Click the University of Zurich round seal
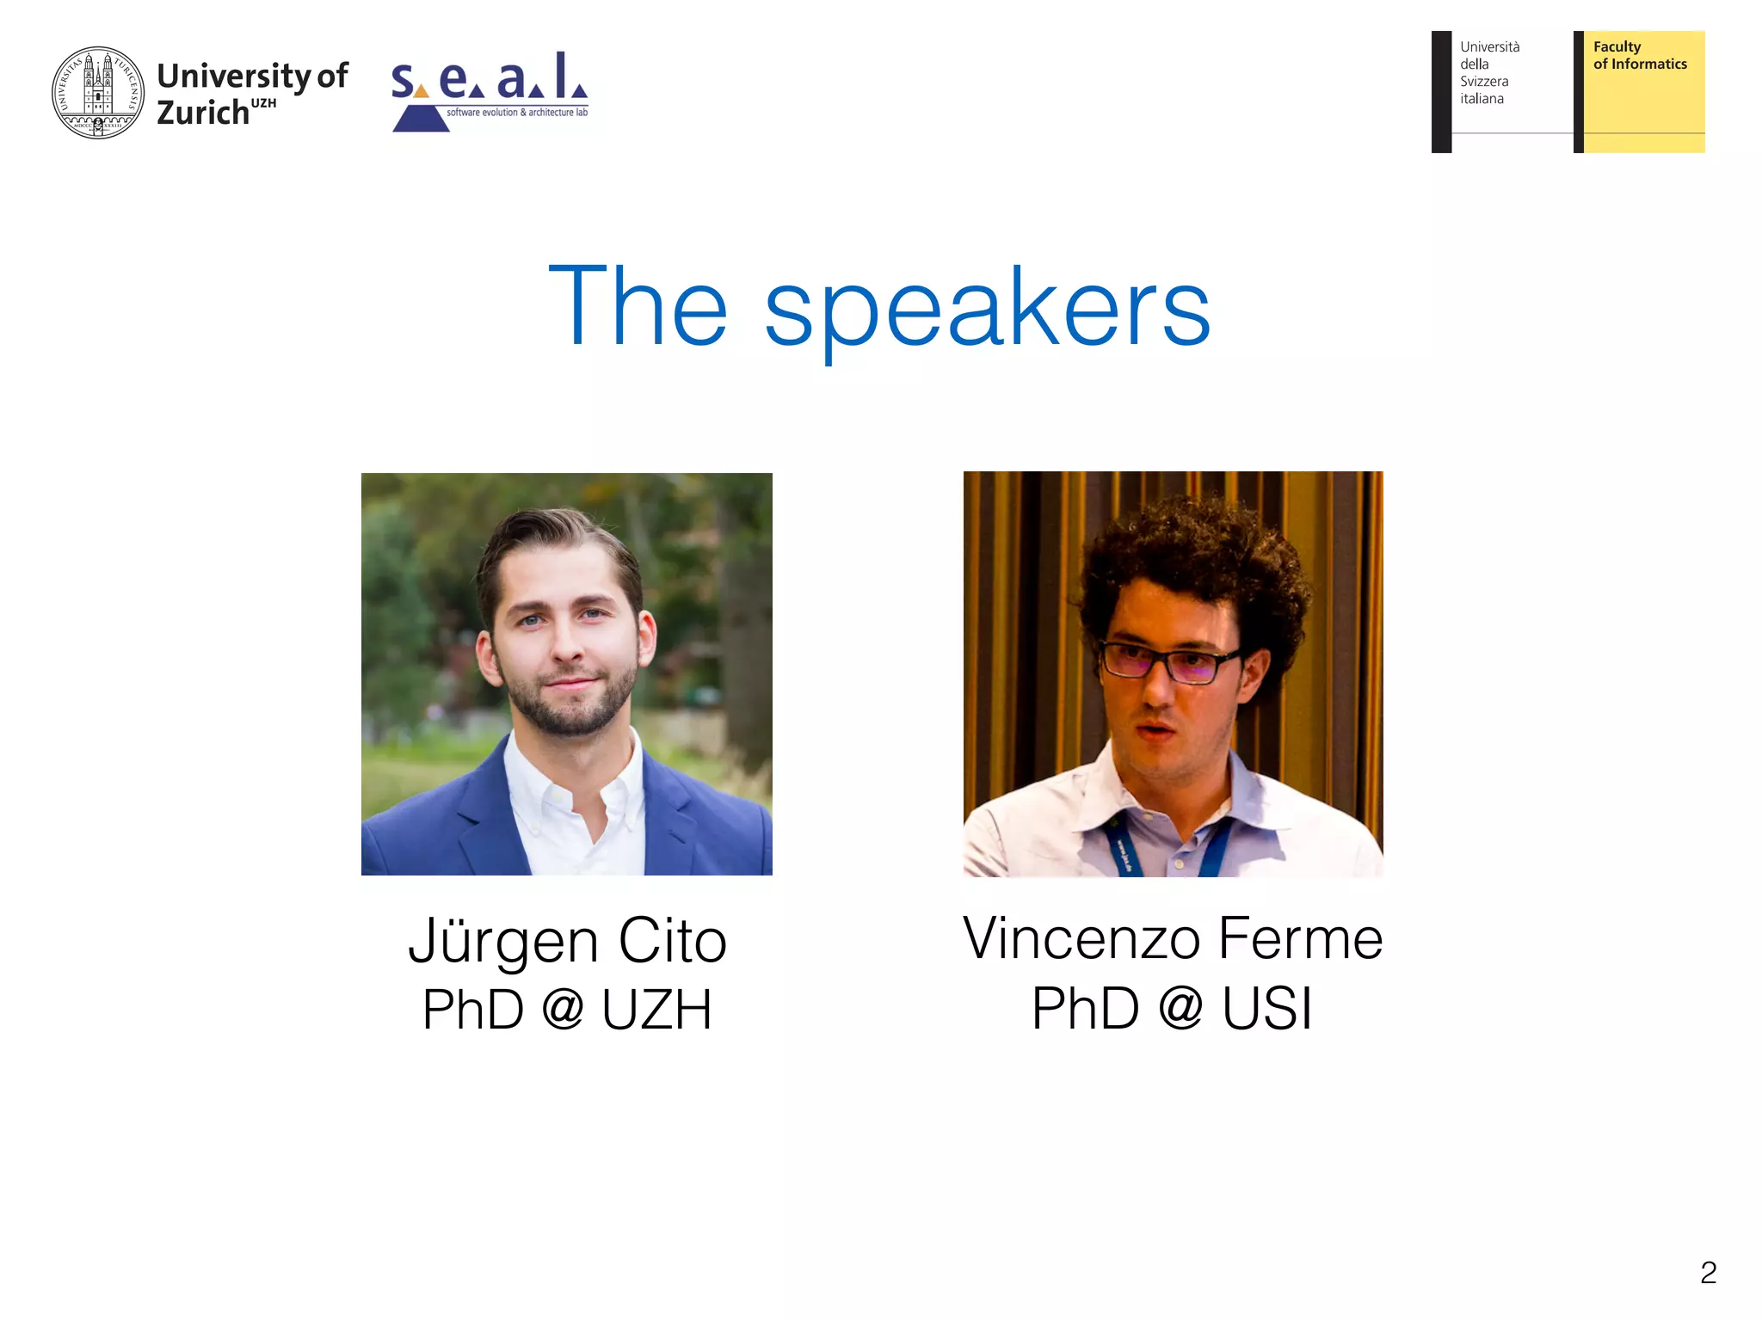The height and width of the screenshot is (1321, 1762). click(x=98, y=93)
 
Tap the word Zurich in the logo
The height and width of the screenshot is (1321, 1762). click(x=203, y=113)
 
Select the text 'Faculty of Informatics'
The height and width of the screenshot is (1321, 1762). click(x=1639, y=56)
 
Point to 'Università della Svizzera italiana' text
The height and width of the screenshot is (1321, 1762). click(x=1489, y=73)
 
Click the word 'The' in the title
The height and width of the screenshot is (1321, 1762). click(x=638, y=307)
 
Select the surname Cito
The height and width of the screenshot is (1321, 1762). click(x=673, y=942)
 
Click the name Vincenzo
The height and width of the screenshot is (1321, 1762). click(x=1081, y=939)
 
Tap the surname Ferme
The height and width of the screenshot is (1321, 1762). click(x=1301, y=939)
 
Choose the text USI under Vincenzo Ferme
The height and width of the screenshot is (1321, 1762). click(x=1267, y=1009)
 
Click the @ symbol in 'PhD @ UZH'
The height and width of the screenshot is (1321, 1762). click(x=564, y=1009)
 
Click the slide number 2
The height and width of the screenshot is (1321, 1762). click(x=1708, y=1273)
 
